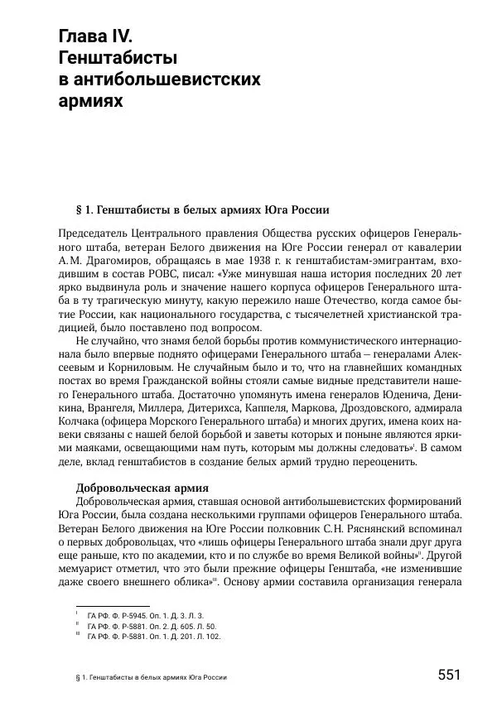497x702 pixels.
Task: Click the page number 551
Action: (448, 674)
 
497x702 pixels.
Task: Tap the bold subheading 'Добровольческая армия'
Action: (142, 487)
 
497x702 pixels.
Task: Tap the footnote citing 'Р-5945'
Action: (145, 616)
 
